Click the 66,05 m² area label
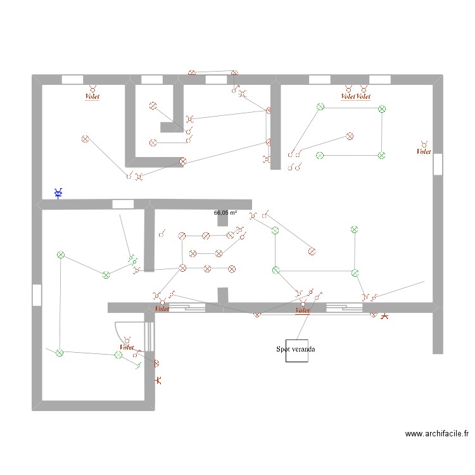[225, 213]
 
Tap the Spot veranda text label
[296, 349]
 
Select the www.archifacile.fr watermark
[437, 434]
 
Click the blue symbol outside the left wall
[58, 193]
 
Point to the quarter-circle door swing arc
[123, 329]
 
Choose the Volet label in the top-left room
[92, 97]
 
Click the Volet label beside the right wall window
[423, 151]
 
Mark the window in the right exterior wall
[438, 164]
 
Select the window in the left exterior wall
[37, 294]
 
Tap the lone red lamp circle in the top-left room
[85, 139]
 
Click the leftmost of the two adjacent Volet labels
[348, 97]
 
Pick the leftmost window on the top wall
[73, 79]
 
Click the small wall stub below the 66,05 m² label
[222, 219]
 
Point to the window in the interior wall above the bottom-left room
[123, 204]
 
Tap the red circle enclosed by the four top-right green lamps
[349, 136]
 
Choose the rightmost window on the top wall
[379, 79]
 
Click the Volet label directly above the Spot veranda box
[302, 310]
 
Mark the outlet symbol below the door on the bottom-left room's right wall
[159, 380]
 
